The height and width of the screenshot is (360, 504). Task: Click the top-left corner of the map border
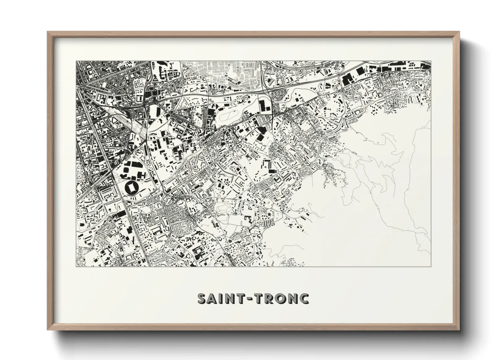click(x=76, y=61)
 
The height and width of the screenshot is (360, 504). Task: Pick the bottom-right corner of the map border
click(x=431, y=266)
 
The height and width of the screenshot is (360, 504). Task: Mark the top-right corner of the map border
click(x=431, y=61)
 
